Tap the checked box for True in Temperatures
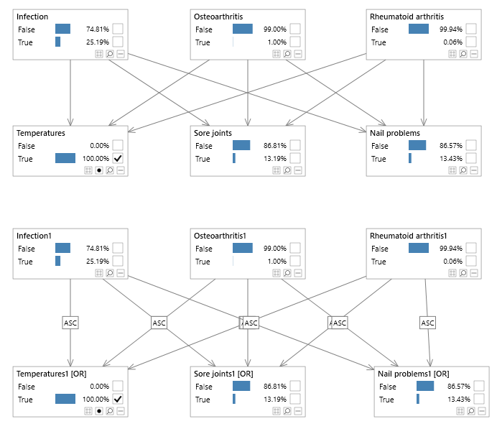(118, 158)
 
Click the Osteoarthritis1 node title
(220, 236)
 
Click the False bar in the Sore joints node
(241, 145)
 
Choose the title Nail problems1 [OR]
(413, 374)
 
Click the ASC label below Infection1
(70, 323)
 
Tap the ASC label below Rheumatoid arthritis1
(427, 323)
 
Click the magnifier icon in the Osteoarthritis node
(287, 54)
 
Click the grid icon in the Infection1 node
(99, 273)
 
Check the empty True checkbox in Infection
(118, 42)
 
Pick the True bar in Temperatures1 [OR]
(65, 400)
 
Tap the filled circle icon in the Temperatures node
(99, 170)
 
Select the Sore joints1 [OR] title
(223, 374)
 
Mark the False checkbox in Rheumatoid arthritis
(471, 29)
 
